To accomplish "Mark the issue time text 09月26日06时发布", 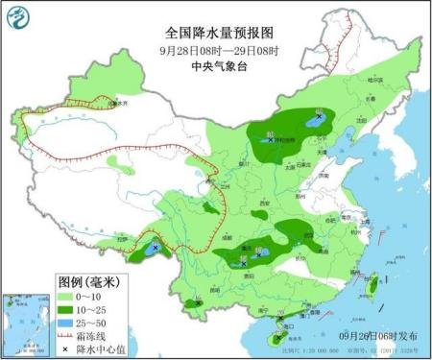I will click(381, 336).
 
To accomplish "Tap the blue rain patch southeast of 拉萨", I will click(155, 249).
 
